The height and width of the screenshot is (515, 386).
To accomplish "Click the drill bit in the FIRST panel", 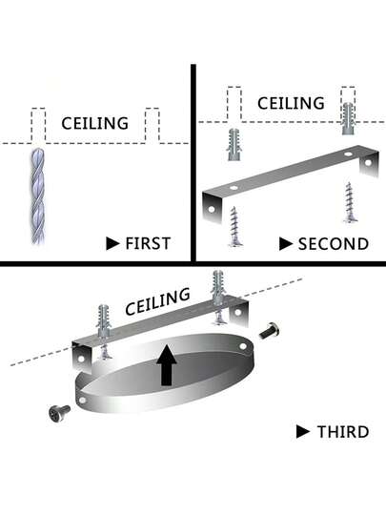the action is (x=38, y=196).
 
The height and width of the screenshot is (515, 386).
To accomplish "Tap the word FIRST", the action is (x=148, y=244).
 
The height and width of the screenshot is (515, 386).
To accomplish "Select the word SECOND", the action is (x=334, y=244).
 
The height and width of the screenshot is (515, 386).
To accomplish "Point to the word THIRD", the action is (x=343, y=432).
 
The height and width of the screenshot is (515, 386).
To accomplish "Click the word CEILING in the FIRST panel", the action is (x=95, y=123).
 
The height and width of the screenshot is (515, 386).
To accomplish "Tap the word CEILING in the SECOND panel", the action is (x=291, y=103).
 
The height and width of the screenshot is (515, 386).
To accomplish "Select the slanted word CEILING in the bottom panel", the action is (x=157, y=301).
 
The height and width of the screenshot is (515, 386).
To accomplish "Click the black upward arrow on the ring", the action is (x=167, y=365).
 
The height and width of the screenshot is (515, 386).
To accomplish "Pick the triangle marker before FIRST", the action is (x=112, y=244).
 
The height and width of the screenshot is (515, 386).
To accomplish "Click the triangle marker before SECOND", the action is (x=286, y=244).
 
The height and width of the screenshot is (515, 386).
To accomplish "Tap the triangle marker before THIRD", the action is (x=303, y=432).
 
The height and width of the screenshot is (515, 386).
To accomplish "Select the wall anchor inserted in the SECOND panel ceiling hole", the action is (x=348, y=118).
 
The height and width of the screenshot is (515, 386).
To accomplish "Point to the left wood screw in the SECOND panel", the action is (x=235, y=226).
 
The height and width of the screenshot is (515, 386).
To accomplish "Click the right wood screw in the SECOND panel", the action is (x=350, y=202).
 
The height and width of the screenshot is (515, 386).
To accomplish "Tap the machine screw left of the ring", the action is (x=59, y=413).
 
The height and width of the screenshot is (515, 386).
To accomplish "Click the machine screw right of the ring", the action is (x=269, y=331).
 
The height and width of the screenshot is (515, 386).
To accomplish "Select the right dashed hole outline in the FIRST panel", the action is (x=152, y=126).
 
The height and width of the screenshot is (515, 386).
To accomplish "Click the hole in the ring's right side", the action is (x=243, y=346).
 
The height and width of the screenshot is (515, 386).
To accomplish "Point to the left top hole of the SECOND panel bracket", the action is (x=234, y=188).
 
